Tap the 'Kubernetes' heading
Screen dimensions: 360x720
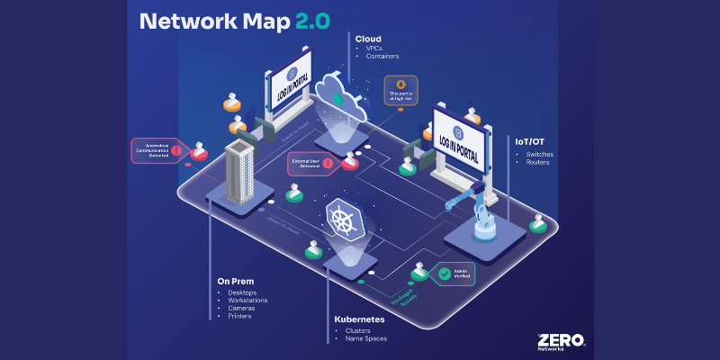coord(361,319)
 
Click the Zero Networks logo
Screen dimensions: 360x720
coord(560,340)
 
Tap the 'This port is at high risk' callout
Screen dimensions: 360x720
coord(400,92)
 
